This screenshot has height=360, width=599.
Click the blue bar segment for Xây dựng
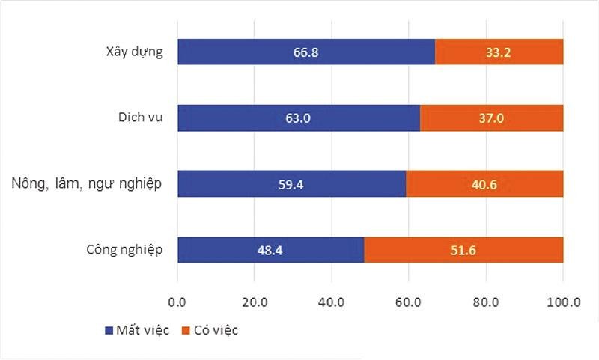(240, 52)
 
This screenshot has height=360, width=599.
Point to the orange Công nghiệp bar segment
(524, 249)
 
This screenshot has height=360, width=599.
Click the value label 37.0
(492, 118)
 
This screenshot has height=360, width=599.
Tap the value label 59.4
(292, 184)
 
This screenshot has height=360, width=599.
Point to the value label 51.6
(463, 249)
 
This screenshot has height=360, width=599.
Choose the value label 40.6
(484, 184)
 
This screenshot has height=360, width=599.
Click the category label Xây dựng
(135, 52)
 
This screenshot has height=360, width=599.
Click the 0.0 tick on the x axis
(177, 302)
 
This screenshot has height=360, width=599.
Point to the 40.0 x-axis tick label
(332, 302)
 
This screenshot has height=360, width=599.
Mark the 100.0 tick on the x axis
(563, 302)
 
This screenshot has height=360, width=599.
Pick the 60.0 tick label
(409, 302)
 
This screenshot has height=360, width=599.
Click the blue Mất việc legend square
(107, 330)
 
